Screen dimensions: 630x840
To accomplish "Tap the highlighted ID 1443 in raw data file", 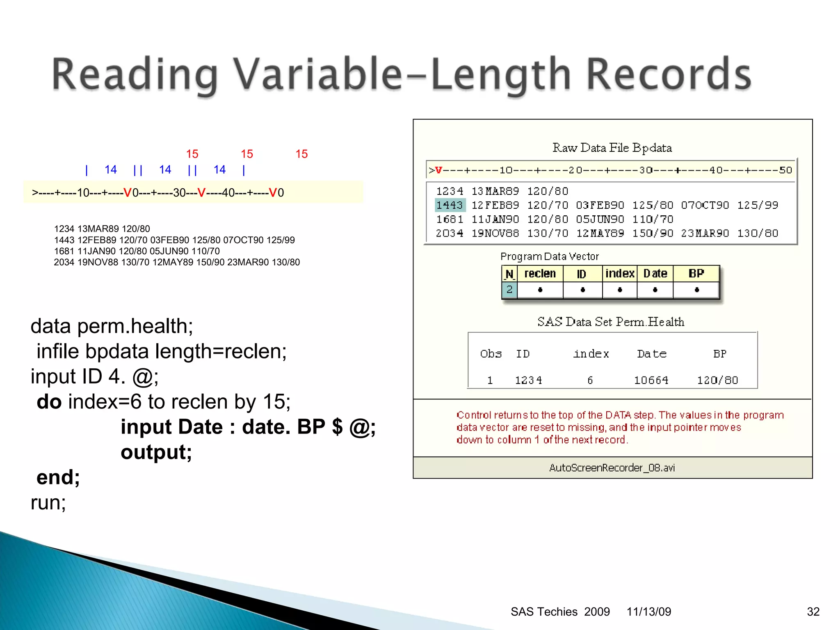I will (x=450, y=205).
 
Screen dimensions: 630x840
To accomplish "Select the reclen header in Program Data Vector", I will (x=540, y=274).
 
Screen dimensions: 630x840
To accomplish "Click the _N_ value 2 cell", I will (x=509, y=290).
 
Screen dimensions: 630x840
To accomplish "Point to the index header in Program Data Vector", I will (x=620, y=274).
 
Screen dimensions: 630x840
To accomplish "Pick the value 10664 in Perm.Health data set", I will (x=651, y=380).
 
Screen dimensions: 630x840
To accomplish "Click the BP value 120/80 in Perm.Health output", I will (x=717, y=380).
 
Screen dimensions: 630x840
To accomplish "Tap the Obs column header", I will (x=491, y=354).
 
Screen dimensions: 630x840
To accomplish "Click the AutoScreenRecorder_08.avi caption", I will (x=612, y=468).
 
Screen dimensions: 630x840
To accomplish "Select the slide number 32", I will (x=813, y=612).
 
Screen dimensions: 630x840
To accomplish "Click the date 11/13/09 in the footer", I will (x=648, y=612).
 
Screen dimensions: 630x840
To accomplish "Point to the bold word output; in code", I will (x=156, y=452).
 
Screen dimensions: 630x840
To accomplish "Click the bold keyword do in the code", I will (x=49, y=402).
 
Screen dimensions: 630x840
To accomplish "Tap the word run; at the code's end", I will (x=48, y=502).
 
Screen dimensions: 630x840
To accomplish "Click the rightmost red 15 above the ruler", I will (x=301, y=154).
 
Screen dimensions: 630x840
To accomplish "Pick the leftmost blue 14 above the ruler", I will (x=111, y=169).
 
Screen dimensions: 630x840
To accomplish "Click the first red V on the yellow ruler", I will (x=128, y=192).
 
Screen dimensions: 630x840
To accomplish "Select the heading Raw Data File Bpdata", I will (x=612, y=148).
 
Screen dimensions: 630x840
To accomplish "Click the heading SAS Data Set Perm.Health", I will (x=611, y=322).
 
